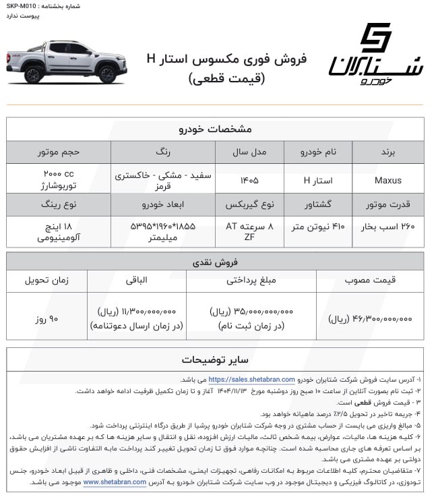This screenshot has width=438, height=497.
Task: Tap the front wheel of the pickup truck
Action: pos(107,74)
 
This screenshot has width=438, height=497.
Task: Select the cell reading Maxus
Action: pos(387,180)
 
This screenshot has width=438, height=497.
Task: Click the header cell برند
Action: pos(387,152)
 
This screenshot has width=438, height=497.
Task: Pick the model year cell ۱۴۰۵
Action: pos(249,180)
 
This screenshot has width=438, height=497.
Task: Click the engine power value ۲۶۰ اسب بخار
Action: pos(387,227)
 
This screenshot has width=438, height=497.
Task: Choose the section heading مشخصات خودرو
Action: pos(215,129)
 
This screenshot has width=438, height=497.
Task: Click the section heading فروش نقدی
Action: pos(215,260)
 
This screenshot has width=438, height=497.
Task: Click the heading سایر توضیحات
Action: pos(215,358)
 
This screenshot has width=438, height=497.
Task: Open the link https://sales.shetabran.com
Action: pos(251,380)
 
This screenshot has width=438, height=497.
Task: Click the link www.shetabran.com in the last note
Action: pos(115,482)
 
